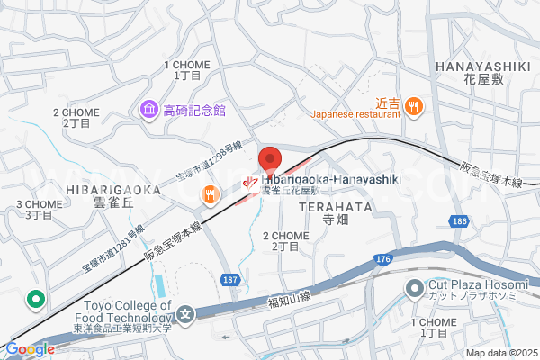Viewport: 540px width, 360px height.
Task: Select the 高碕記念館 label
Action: click(x=193, y=111)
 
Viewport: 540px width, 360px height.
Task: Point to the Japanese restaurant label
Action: click(x=355, y=115)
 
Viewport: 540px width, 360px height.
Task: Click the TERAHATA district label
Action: click(x=335, y=206)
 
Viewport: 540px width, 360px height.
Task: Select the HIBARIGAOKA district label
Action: click(x=112, y=190)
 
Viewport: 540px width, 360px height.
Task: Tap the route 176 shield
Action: click(x=382, y=261)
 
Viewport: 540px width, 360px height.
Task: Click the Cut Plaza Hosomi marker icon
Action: click(x=414, y=289)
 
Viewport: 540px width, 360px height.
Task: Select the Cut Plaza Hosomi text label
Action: click(x=475, y=289)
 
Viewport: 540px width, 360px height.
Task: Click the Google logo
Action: click(x=30, y=348)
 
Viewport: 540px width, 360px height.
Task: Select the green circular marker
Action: click(x=36, y=299)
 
